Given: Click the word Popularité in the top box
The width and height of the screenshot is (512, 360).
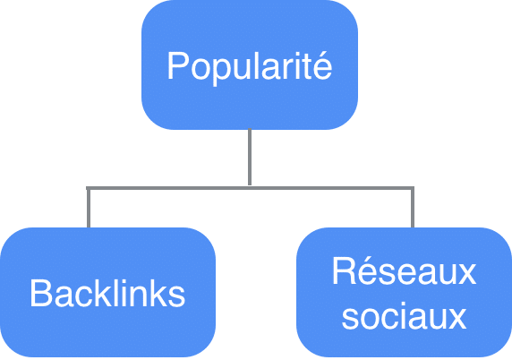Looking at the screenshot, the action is pyautogui.click(x=250, y=66).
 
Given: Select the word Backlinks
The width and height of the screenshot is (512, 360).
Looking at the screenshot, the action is pyautogui.click(x=107, y=293).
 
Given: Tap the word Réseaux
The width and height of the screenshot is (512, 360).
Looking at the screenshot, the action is pyautogui.click(x=404, y=270).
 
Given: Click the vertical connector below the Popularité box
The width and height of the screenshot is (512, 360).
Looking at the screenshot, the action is pyautogui.click(x=250, y=158).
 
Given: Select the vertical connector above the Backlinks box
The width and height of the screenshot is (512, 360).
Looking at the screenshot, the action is pyautogui.click(x=89, y=208).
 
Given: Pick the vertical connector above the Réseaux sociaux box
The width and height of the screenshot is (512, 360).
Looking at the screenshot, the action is pyautogui.click(x=413, y=208).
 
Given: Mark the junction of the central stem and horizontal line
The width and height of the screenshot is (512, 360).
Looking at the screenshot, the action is pyautogui.click(x=250, y=188).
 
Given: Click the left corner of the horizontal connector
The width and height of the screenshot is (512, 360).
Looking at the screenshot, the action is pyautogui.click(x=88, y=188).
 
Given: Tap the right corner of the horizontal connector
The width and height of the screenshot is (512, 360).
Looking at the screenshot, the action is pyautogui.click(x=414, y=188).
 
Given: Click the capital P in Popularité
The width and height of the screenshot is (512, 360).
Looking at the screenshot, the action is pyautogui.click(x=177, y=65).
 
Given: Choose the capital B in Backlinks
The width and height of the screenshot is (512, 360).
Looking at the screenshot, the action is pyautogui.click(x=41, y=293).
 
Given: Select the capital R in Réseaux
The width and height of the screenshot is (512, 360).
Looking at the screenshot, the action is pyautogui.click(x=344, y=271).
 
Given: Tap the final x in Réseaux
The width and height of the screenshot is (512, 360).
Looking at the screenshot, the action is pyautogui.click(x=465, y=274).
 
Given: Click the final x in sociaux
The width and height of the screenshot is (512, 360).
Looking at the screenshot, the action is pyautogui.click(x=456, y=319).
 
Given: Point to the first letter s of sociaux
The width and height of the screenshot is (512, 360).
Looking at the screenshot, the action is pyautogui.click(x=350, y=319).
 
